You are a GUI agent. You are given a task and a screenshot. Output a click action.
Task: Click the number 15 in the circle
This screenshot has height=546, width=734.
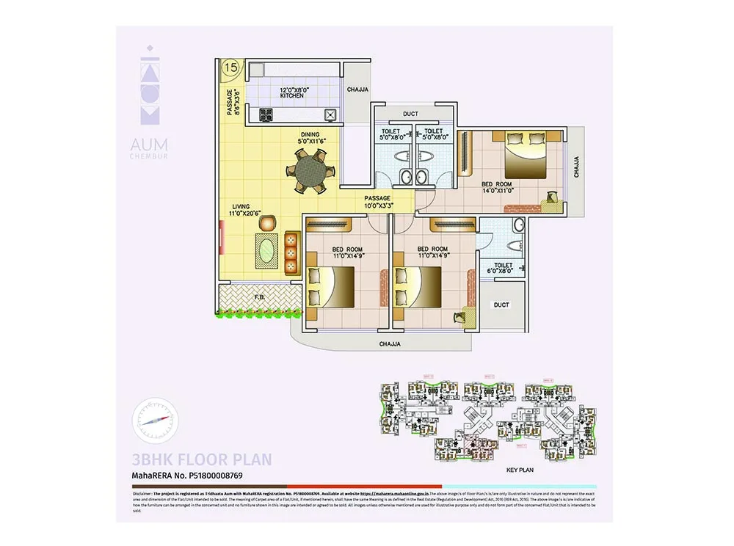(230, 68)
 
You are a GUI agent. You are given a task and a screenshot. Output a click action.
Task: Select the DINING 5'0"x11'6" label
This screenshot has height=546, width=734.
(309, 137)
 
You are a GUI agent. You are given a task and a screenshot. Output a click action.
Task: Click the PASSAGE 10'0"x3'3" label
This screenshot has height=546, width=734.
(379, 202)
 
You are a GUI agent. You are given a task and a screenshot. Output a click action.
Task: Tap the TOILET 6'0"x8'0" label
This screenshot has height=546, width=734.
(503, 269)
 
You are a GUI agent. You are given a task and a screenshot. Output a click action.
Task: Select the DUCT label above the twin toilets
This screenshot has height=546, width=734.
(410, 114)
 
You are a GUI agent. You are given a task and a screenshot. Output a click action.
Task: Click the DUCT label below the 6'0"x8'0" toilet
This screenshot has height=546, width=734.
(501, 304)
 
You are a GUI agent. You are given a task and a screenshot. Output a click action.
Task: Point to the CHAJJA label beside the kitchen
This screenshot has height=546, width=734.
(357, 90)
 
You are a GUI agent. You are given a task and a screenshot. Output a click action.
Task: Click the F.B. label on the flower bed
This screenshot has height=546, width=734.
(259, 298)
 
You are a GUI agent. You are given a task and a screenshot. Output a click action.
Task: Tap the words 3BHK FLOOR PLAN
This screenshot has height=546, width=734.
(201, 460)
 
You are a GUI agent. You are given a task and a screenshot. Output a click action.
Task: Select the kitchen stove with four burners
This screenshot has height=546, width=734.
(266, 114)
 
